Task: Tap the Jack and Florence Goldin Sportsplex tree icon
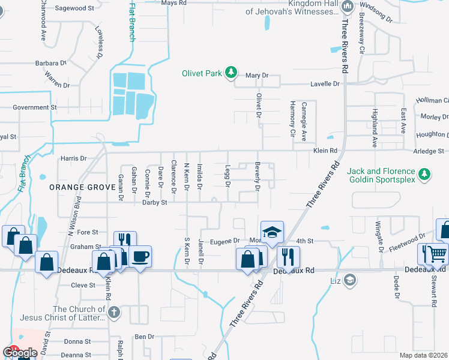click(x=425, y=174)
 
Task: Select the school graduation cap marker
click(x=272, y=232)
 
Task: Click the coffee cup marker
click(x=140, y=257)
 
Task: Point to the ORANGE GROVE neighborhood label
click(x=82, y=187)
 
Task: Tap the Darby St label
click(x=154, y=203)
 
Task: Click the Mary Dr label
click(x=256, y=76)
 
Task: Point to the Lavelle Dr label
click(x=325, y=84)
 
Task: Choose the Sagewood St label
click(x=75, y=9)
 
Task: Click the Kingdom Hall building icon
click(x=347, y=7)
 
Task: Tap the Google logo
click(x=20, y=353)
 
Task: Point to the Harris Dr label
click(x=74, y=159)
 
